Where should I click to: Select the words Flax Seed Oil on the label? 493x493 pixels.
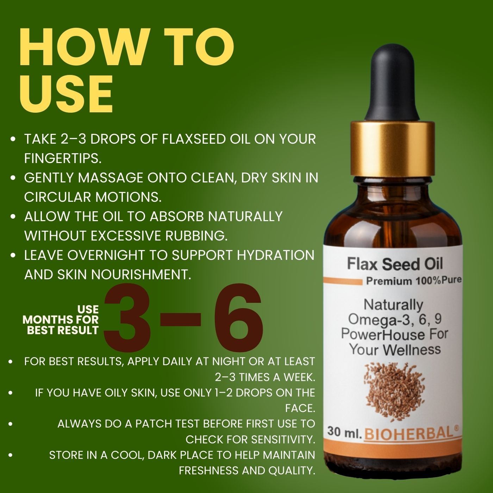395,264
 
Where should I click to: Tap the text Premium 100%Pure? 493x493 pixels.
414,281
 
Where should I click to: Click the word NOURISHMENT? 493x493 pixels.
141,275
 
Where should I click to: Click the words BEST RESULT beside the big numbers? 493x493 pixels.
63,330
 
